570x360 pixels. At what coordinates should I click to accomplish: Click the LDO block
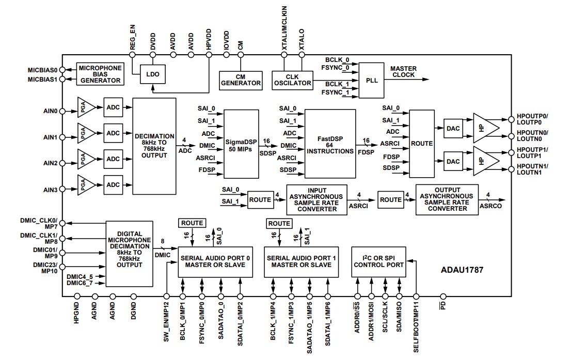pyautogui.click(x=153, y=74)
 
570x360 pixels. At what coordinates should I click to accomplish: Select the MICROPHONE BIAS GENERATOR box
pyautogui.click(x=100, y=74)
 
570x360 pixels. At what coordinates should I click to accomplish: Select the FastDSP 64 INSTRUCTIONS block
pyautogui.click(x=330, y=143)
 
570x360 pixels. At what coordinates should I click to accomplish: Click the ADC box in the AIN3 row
pyautogui.click(x=113, y=184)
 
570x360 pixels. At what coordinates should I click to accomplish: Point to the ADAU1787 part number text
pyautogui.click(x=462, y=269)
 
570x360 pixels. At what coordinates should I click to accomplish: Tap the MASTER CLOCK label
pyautogui.click(x=403, y=72)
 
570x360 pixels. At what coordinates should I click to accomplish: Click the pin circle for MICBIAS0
pyautogui.click(x=62, y=69)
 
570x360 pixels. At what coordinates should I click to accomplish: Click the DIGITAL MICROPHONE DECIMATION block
pyautogui.click(x=130, y=254)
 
